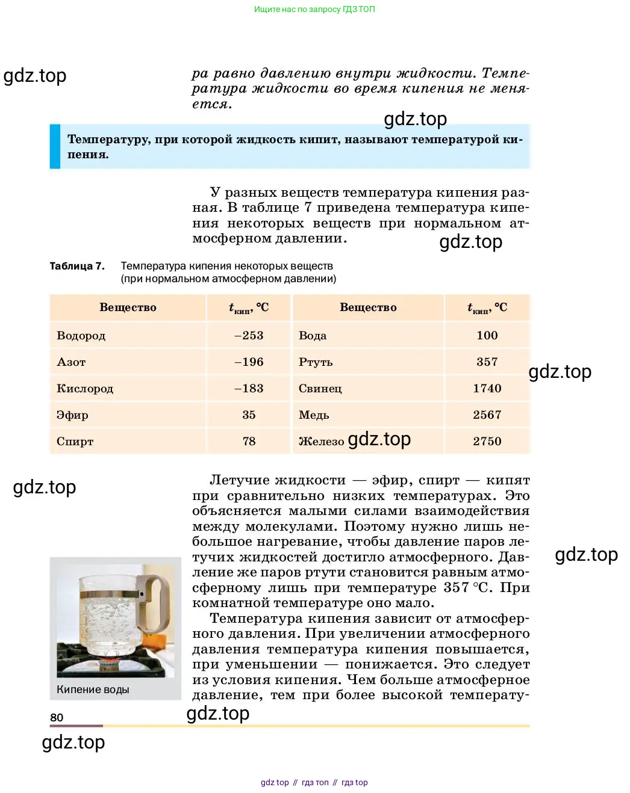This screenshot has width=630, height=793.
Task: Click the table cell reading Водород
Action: pos(81,336)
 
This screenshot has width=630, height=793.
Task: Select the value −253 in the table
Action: pos(249,336)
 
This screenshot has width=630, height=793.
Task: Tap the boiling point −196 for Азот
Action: pos(249,362)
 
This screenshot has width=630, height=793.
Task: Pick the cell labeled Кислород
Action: pos(85,389)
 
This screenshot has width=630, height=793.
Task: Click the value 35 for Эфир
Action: pos(249,415)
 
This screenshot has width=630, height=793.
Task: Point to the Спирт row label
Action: pos(75,442)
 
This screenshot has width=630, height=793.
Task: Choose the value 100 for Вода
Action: pos(487,336)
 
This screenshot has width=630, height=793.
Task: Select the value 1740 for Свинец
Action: pos(487,389)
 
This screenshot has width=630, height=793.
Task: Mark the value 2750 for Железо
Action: pos(487,442)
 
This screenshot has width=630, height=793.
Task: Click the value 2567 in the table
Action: pos(487,415)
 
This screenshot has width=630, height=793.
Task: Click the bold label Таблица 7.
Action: pos(77,266)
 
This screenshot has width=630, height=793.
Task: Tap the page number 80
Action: pos(57,717)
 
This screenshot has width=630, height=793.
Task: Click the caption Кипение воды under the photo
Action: pos(93,690)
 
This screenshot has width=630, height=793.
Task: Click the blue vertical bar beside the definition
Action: pos(55,146)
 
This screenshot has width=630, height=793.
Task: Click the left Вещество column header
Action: pos(128,307)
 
